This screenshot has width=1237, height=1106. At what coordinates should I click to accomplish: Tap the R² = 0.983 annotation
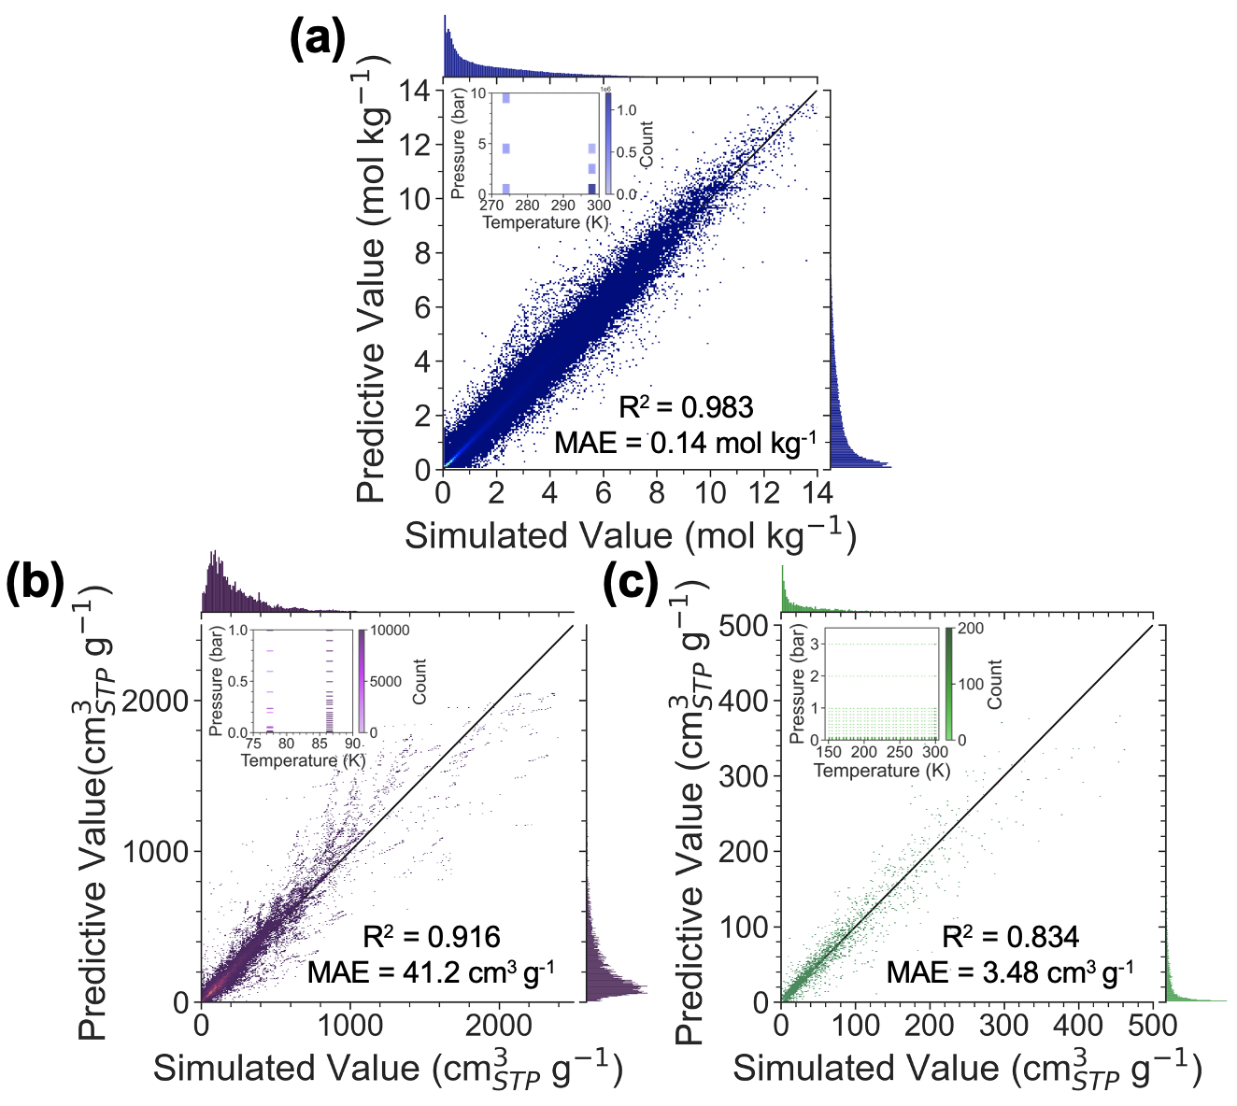[686, 407]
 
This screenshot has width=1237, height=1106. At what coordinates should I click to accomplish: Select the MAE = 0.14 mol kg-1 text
[685, 443]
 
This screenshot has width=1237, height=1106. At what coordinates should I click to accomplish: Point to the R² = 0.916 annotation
[431, 937]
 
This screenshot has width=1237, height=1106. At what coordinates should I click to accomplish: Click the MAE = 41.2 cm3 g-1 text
[431, 972]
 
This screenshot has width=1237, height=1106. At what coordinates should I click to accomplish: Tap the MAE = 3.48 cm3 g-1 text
[1010, 972]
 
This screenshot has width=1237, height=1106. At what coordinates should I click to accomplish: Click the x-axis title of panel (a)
[631, 535]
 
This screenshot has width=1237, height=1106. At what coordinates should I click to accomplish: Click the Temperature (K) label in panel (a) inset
[546, 223]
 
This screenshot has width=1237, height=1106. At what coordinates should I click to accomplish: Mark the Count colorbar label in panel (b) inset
[419, 681]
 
